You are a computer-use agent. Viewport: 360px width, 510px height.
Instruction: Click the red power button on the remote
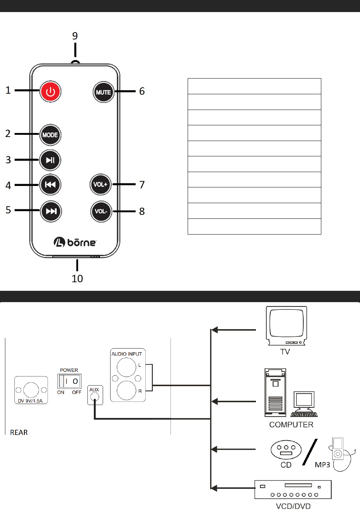coord(50,91)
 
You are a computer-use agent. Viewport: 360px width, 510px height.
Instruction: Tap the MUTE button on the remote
coord(103,92)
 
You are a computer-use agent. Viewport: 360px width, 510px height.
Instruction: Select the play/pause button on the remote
coord(50,160)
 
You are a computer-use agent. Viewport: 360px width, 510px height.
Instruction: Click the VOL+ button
coord(100,184)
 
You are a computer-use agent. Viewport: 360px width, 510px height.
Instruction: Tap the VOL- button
coord(101,211)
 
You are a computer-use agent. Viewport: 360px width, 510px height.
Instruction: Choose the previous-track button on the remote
coord(50,184)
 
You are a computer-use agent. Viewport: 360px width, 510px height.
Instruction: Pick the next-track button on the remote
coord(51,211)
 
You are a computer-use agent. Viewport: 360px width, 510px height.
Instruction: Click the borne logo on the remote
coord(75,242)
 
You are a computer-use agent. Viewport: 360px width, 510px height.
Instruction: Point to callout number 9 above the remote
coord(75,36)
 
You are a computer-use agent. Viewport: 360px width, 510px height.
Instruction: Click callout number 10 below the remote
coord(77,278)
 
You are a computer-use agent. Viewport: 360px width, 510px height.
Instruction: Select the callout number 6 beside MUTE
coord(142,91)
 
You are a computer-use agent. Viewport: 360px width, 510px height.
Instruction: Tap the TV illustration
coord(287,325)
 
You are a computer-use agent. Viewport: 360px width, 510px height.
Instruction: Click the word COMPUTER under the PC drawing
coord(291,425)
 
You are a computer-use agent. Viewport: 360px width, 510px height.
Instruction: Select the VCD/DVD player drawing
coord(293,490)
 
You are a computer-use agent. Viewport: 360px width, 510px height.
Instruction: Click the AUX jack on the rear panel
coord(95,397)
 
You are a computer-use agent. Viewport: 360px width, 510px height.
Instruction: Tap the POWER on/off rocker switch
coord(69,381)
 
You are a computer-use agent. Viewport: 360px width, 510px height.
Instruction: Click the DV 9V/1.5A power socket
coord(31,389)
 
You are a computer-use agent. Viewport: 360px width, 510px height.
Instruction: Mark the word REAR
coord(19,433)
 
